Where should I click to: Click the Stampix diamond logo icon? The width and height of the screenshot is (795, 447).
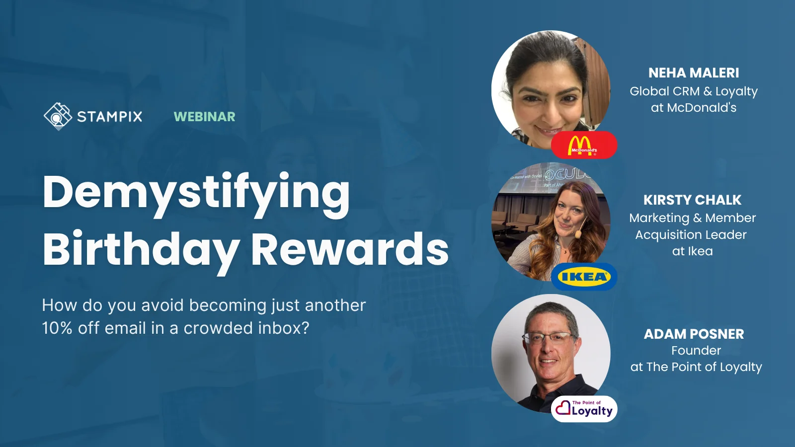point(58,116)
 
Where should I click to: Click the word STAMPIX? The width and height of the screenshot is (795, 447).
point(110,117)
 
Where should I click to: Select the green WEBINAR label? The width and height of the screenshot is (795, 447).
point(204,117)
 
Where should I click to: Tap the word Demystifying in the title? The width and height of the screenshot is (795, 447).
point(196,194)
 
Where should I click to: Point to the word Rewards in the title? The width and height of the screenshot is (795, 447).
point(350,249)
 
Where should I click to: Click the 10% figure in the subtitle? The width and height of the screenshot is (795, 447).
point(57,328)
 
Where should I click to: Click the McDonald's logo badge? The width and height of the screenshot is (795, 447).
point(584,145)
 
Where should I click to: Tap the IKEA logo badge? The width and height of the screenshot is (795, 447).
point(584,277)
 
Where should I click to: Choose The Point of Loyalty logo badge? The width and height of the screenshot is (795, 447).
point(584,409)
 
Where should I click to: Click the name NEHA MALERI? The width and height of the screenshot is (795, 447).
point(694,73)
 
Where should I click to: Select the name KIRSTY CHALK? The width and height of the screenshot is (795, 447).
point(692,200)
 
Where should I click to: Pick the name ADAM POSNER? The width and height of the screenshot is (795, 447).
point(694,334)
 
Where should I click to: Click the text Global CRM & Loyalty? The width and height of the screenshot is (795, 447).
point(694,91)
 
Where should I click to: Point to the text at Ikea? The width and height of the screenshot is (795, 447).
point(692,251)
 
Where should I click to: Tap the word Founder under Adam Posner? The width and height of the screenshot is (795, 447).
point(696,351)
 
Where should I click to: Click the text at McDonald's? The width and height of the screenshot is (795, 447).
point(694,108)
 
